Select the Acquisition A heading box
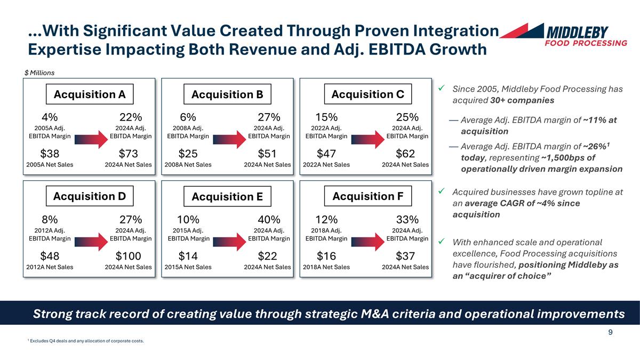click(x=90, y=94)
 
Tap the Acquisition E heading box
click(x=227, y=197)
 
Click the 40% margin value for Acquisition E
click(x=269, y=219)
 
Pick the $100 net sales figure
click(x=128, y=257)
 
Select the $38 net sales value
click(x=50, y=154)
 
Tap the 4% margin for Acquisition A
click(x=50, y=117)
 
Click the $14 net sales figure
click(x=188, y=257)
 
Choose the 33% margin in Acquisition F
click(x=407, y=219)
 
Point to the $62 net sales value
click(x=405, y=154)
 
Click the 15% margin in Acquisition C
click(x=326, y=117)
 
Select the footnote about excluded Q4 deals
click(x=85, y=341)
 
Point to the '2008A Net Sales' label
click(x=188, y=164)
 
